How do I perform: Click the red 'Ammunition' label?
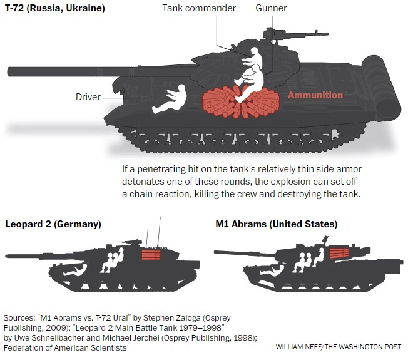(315, 95)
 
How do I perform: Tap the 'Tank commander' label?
(199, 8)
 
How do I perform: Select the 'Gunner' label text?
(271, 8)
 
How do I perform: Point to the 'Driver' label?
(88, 97)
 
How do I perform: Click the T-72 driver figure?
(170, 100)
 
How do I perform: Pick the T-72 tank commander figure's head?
(254, 51)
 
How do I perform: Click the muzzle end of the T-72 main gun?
(10, 71)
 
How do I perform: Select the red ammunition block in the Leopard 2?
(151, 255)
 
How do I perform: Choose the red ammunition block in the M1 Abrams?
(339, 254)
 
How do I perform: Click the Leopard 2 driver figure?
(76, 270)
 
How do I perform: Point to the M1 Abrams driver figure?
(272, 270)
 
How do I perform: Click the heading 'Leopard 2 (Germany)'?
(53, 224)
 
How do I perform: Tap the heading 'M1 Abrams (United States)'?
(277, 224)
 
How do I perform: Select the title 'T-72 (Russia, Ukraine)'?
(55, 8)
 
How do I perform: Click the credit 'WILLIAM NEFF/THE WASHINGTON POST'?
(339, 347)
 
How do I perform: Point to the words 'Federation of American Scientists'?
(65, 347)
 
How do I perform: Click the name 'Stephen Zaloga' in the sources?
(171, 318)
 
